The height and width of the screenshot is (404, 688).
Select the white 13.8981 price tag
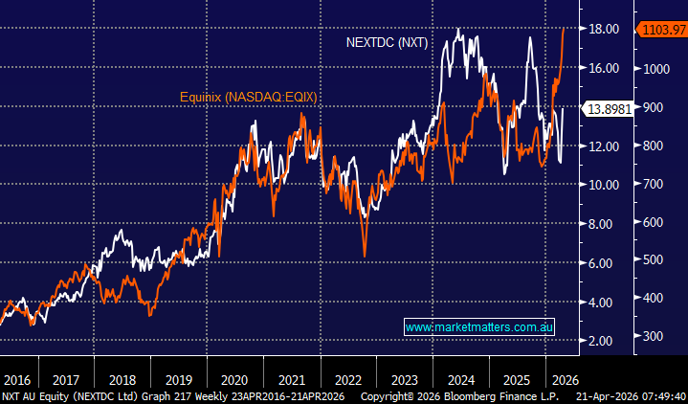[x=609, y=108]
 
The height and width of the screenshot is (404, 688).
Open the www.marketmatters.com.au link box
[x=479, y=327]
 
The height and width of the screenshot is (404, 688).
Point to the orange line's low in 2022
[x=365, y=255]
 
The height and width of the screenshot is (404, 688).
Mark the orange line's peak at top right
[x=563, y=29]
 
